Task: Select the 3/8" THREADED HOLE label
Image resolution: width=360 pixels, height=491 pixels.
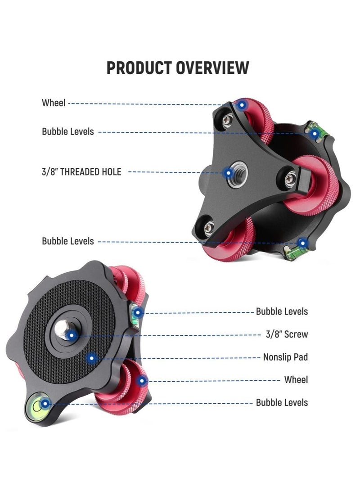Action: coord(81,171)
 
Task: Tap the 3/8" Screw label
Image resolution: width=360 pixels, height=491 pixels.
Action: coord(287,334)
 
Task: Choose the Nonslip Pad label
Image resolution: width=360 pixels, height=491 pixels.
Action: coord(285,357)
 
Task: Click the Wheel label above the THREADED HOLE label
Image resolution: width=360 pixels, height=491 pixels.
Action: coord(54,103)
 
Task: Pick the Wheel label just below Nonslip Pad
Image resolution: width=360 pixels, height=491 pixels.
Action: coord(296,380)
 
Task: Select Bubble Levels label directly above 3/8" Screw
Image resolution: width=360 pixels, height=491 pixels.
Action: coord(282,311)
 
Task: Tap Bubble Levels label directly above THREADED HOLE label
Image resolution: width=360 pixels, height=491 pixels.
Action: coord(68,131)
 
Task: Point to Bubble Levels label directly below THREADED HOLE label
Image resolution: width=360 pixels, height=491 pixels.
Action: coord(68,241)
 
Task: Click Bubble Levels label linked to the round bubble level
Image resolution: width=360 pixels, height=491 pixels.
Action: coord(282,402)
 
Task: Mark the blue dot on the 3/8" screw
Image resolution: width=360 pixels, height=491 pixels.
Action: coord(71,334)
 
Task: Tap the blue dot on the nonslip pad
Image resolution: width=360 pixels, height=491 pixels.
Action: coord(92,358)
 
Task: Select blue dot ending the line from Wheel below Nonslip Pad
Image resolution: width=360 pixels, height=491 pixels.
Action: coord(142,381)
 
